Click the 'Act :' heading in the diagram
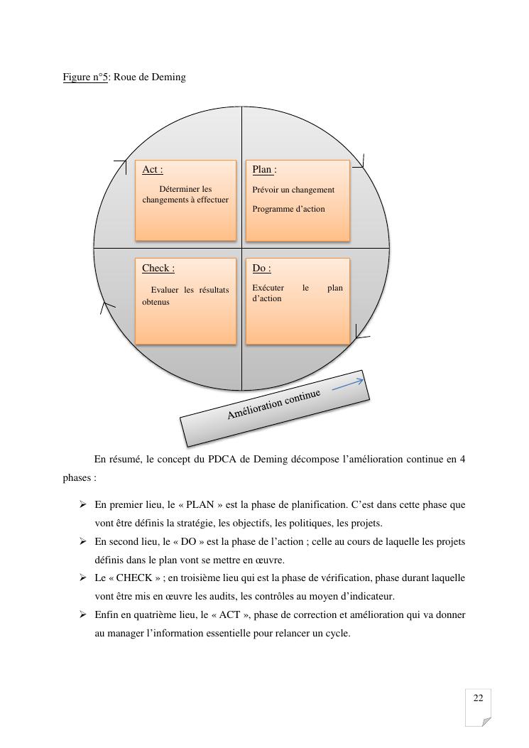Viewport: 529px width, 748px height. (152, 169)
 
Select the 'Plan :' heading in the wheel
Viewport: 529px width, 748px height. (264, 169)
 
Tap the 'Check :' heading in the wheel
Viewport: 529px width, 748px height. (158, 268)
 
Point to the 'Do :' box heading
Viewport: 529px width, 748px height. (261, 268)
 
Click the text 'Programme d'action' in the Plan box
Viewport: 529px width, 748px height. (288, 209)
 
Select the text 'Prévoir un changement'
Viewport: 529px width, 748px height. (293, 190)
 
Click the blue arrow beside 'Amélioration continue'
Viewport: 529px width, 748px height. (347, 384)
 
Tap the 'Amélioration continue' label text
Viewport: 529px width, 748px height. (273, 403)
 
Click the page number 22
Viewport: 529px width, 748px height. (478, 698)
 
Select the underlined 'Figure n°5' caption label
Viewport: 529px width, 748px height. (84, 77)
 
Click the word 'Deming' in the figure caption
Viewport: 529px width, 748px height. (169, 77)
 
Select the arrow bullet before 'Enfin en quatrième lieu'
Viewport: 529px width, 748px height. (83, 614)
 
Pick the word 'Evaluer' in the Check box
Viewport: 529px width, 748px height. (165, 290)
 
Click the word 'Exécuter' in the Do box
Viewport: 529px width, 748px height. (268, 288)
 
